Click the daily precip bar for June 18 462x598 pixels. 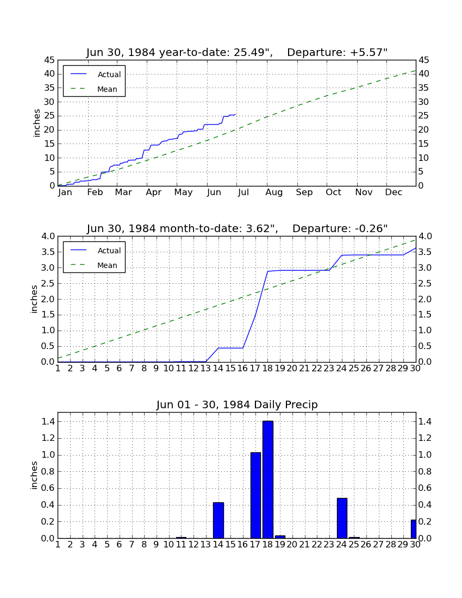pyautogui.click(x=268, y=479)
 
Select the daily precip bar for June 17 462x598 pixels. pyautogui.click(x=256, y=495)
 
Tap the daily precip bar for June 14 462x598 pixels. pyautogui.click(x=218, y=520)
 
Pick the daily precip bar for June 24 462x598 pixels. pyautogui.click(x=342, y=518)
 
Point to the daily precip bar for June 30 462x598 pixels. pyautogui.click(x=413, y=529)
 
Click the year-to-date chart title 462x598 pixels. pyautogui.click(x=237, y=52)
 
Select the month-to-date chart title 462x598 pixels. pyautogui.click(x=237, y=228)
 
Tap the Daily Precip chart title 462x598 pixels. pyautogui.click(x=237, y=404)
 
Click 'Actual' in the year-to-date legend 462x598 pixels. pyautogui.click(x=109, y=74)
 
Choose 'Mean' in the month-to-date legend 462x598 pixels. pyautogui.click(x=107, y=265)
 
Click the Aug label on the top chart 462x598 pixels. pyautogui.click(x=274, y=192)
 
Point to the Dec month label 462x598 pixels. pyautogui.click(x=394, y=192)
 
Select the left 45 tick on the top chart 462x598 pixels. pyautogui.click(x=50, y=60)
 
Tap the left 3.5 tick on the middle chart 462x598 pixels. pyautogui.click(x=48, y=252)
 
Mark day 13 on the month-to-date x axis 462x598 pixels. pyautogui.click(x=206, y=369)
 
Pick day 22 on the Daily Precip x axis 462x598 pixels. pyautogui.click(x=317, y=545)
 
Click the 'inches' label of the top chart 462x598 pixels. pyautogui.click(x=36, y=123)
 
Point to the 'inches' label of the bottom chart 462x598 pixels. pyautogui.click(x=34, y=475)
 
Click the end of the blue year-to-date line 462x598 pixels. pyautogui.click(x=235, y=114)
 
